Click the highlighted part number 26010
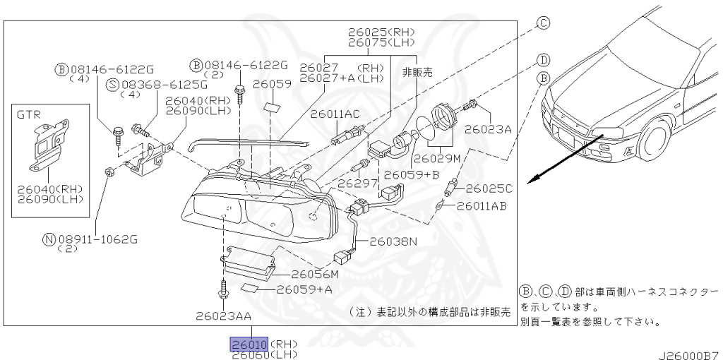[247, 344]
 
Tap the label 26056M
[315, 274]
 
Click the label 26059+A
[304, 289]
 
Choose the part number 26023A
[488, 130]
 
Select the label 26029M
[436, 158]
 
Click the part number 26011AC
[336, 114]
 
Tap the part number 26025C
[489, 188]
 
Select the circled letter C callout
[543, 23]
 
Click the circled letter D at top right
[543, 59]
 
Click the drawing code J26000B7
[689, 353]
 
